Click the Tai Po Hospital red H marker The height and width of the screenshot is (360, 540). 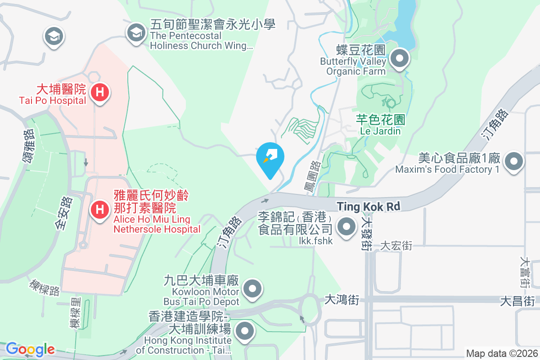click(x=99, y=93)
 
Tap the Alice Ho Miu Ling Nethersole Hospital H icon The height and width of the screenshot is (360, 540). click(x=99, y=210)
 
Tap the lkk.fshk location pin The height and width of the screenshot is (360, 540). click(x=346, y=226)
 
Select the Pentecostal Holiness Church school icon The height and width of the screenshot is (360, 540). click(x=135, y=32)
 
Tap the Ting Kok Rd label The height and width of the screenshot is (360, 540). click(x=369, y=207)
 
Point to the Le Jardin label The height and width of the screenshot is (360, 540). click(x=380, y=131)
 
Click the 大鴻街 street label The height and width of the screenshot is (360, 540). click(x=342, y=300)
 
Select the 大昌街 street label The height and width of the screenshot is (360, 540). click(x=517, y=301)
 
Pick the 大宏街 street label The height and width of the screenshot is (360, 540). click(x=396, y=246)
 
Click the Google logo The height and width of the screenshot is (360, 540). click(x=30, y=349)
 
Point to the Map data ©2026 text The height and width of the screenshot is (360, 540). click(x=501, y=354)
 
